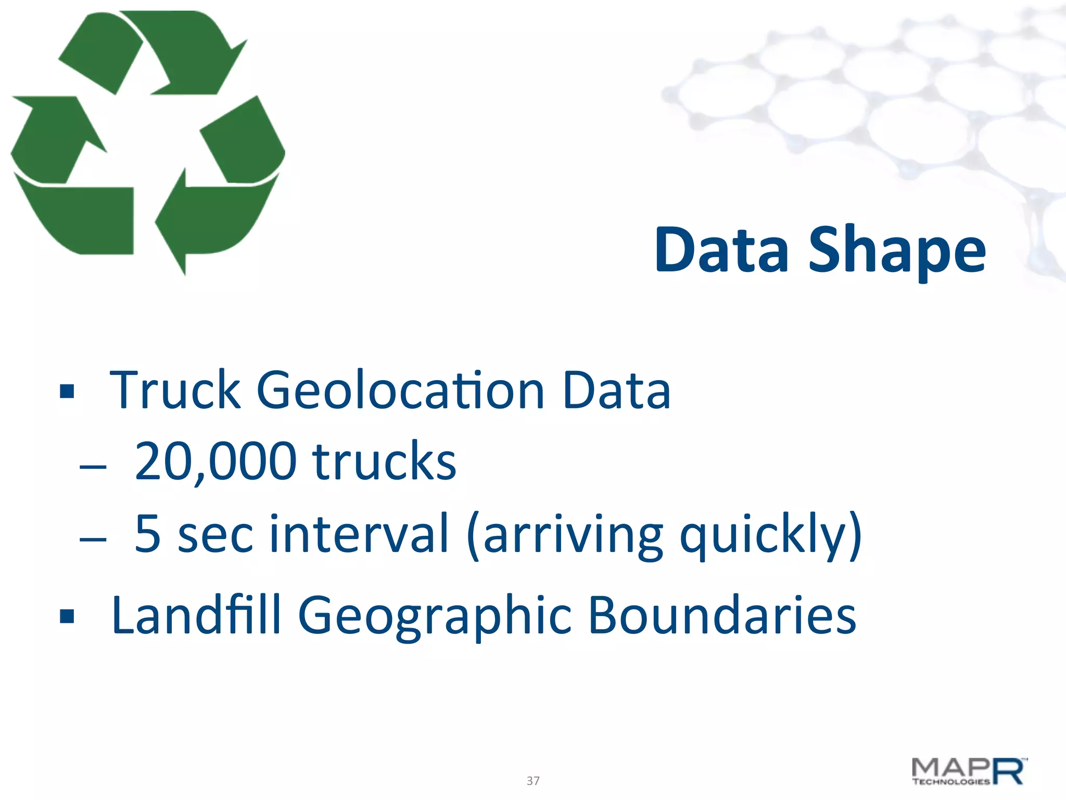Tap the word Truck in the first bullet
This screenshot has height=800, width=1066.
click(175, 390)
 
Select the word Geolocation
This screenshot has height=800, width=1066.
click(401, 390)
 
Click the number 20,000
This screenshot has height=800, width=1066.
click(215, 461)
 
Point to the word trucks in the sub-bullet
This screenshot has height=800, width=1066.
click(384, 461)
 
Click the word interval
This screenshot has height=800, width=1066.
click(358, 533)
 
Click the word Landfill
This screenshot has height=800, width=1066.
click(196, 616)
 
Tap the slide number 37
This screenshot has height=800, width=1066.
click(533, 781)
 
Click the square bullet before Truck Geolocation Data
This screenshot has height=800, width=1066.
click(67, 391)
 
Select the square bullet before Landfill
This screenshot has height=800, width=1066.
click(67, 617)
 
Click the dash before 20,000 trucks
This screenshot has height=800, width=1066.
click(93, 467)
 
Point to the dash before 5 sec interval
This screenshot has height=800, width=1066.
click(93, 539)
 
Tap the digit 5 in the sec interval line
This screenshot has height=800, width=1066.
click(147, 533)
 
